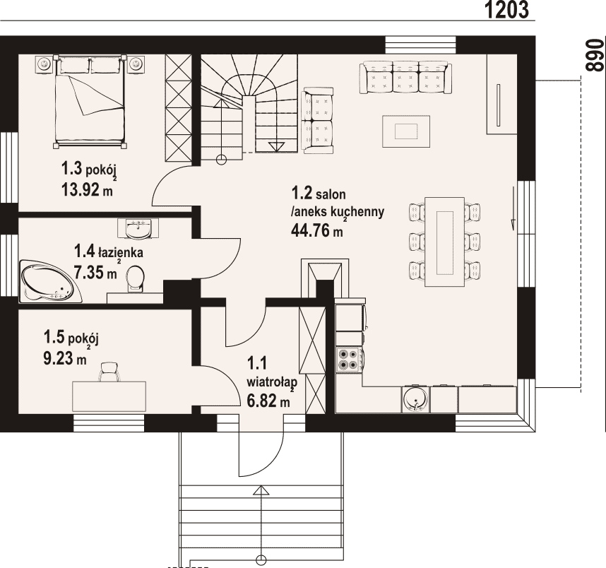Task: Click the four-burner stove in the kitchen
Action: pyautogui.click(x=350, y=360)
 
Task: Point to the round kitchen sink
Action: pyautogui.click(x=416, y=398)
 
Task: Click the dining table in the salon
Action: pyautogui.click(x=444, y=242)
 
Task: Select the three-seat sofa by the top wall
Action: pyautogui.click(x=405, y=77)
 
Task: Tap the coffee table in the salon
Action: pyautogui.click(x=406, y=131)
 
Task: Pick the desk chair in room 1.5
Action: pyautogui.click(x=108, y=372)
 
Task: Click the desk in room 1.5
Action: pyautogui.click(x=109, y=396)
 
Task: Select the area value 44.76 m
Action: pyautogui.click(x=316, y=230)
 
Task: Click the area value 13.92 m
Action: pyautogui.click(x=87, y=189)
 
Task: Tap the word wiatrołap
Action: pyautogui.click(x=272, y=382)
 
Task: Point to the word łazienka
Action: pyautogui.click(x=121, y=252)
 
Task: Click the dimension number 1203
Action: pyautogui.click(x=506, y=10)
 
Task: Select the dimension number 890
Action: pyautogui.click(x=595, y=55)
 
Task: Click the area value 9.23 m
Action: pyautogui.click(x=65, y=358)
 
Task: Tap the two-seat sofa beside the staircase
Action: pyautogui.click(x=318, y=121)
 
